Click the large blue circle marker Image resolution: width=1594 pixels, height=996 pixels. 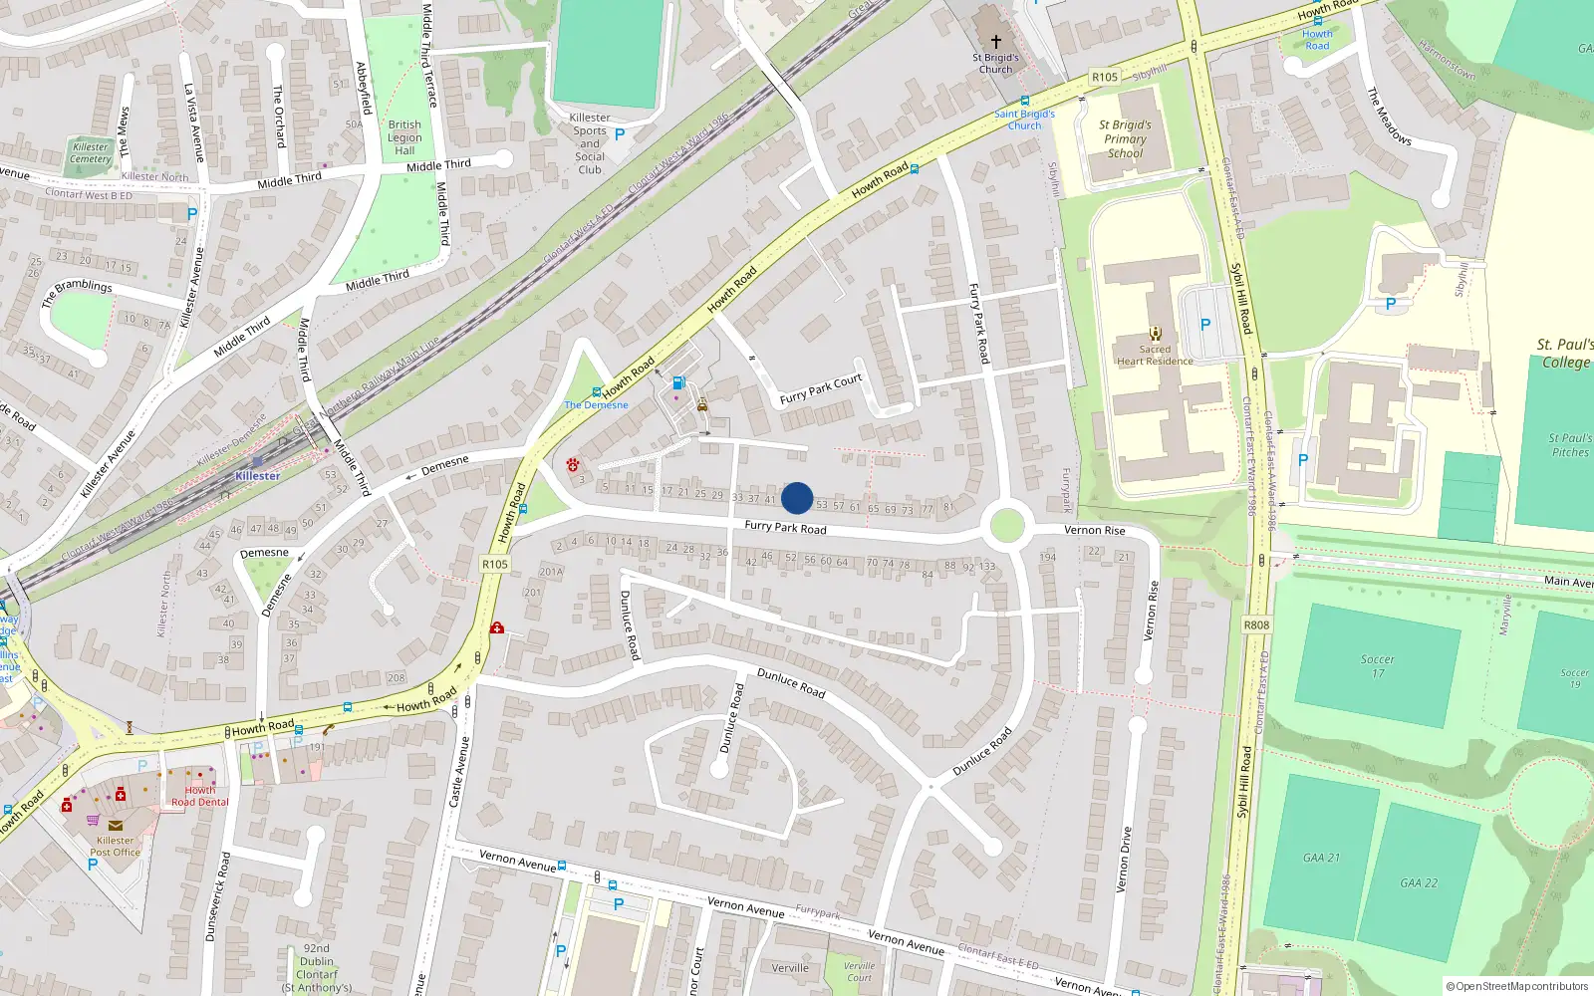pyautogui.click(x=797, y=498)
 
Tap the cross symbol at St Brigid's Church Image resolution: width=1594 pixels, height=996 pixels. pyautogui.click(x=995, y=41)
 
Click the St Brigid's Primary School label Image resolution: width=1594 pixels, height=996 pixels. pyautogui.click(x=1125, y=139)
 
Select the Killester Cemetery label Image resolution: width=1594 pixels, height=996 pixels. pyautogui.click(x=91, y=152)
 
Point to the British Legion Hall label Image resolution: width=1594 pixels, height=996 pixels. pyautogui.click(x=404, y=137)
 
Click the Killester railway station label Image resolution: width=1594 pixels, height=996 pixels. pyautogui.click(x=257, y=475)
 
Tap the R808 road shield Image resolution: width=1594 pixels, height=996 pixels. pyautogui.click(x=1256, y=624)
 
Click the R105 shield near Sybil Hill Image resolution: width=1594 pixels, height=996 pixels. pyautogui.click(x=1104, y=77)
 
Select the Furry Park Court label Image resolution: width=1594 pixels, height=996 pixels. pyautogui.click(x=821, y=389)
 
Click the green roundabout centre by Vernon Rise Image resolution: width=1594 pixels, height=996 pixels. pyautogui.click(x=1007, y=525)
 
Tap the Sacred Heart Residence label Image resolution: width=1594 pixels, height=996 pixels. pyautogui.click(x=1155, y=356)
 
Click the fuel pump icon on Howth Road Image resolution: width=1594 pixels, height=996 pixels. pyautogui.click(x=678, y=382)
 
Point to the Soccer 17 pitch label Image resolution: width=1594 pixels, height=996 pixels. pyautogui.click(x=1377, y=666)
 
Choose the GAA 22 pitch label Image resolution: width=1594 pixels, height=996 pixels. pyautogui.click(x=1419, y=882)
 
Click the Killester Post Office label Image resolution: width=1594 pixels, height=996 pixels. pyautogui.click(x=116, y=846)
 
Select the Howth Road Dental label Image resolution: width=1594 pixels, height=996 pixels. pyautogui.click(x=199, y=796)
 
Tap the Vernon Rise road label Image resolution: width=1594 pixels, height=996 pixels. pyautogui.click(x=1094, y=530)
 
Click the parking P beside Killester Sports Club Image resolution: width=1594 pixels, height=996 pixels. pyautogui.click(x=620, y=133)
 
